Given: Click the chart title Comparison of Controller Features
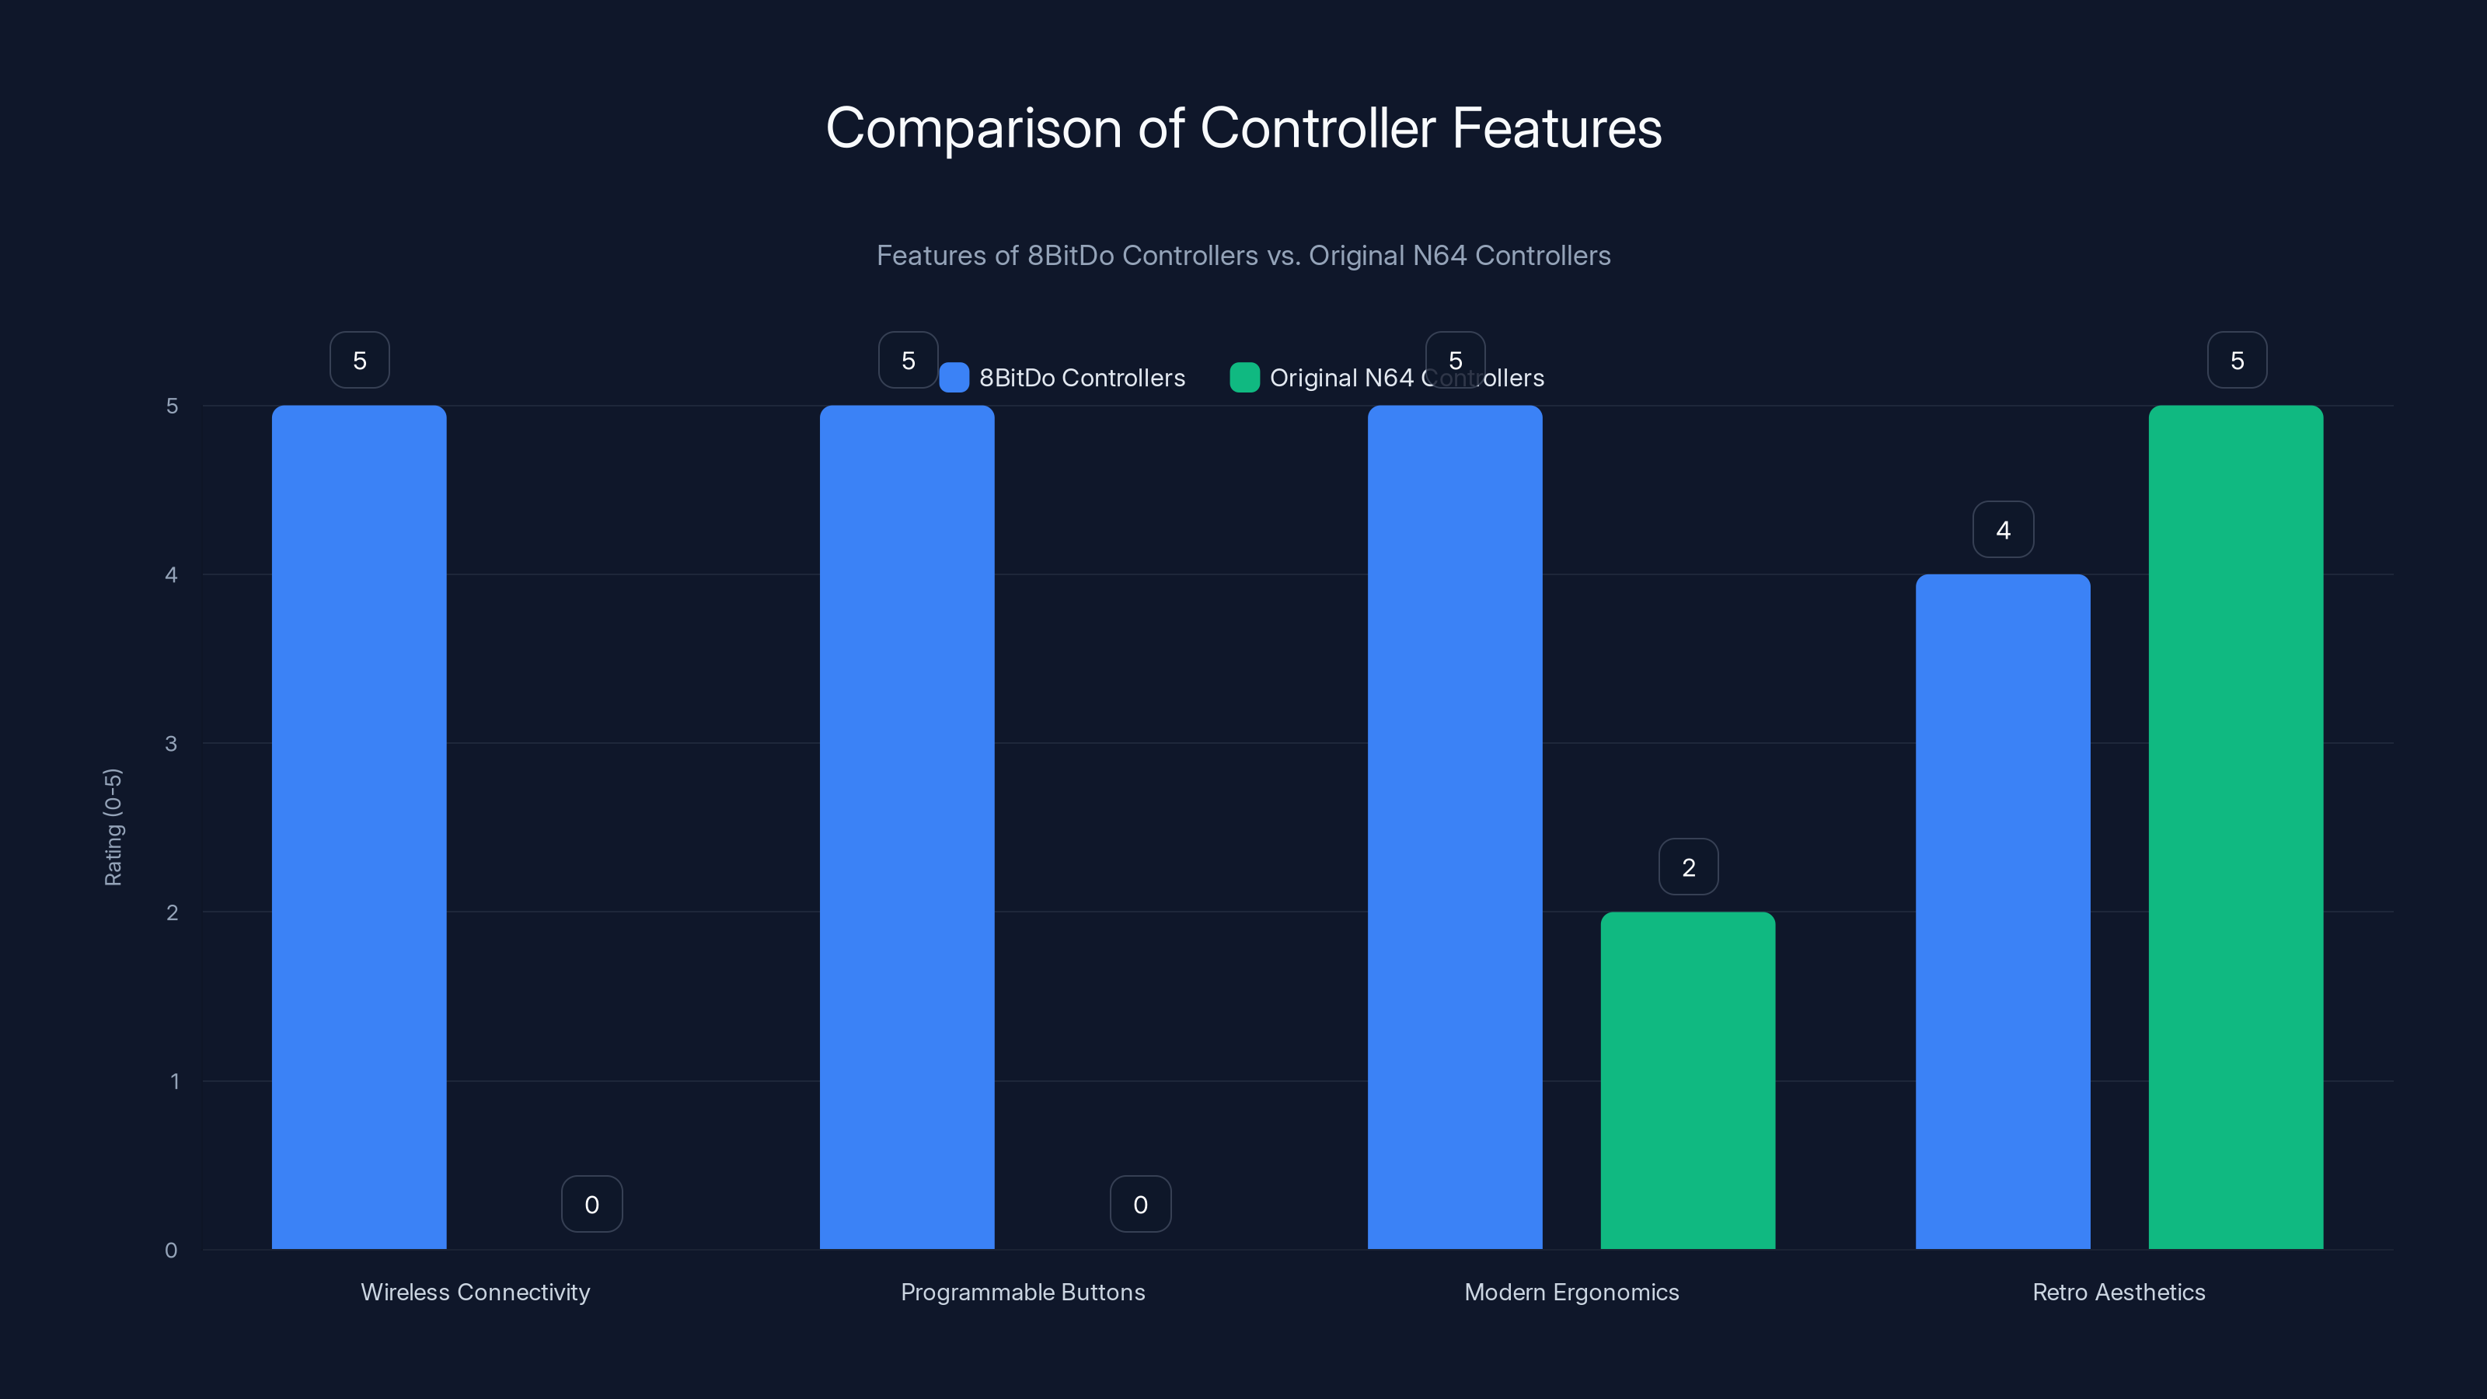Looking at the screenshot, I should pyautogui.click(x=1243, y=128).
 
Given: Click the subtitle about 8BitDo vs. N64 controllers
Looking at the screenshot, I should pyautogui.click(x=1243, y=256).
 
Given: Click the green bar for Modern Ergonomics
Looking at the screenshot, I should pyautogui.click(x=1687, y=1080).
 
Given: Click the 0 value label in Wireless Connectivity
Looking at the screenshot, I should pyautogui.click(x=591, y=1204).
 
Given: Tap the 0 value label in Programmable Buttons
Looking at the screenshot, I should pyautogui.click(x=1140, y=1204).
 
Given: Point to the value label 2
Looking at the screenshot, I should pyautogui.click(x=1689, y=867).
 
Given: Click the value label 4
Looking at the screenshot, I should pyautogui.click(x=2004, y=529).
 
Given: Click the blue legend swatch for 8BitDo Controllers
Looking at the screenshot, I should pyautogui.click(x=954, y=378).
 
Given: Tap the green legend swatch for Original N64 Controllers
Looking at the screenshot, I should pyautogui.click(x=1244, y=378).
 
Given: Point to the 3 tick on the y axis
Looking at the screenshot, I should pyautogui.click(x=171, y=744).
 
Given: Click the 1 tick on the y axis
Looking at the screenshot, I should pyautogui.click(x=174, y=1081).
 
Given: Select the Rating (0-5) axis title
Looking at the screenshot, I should pyautogui.click(x=113, y=828).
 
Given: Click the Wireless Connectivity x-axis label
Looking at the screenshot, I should pyautogui.click(x=475, y=1292).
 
